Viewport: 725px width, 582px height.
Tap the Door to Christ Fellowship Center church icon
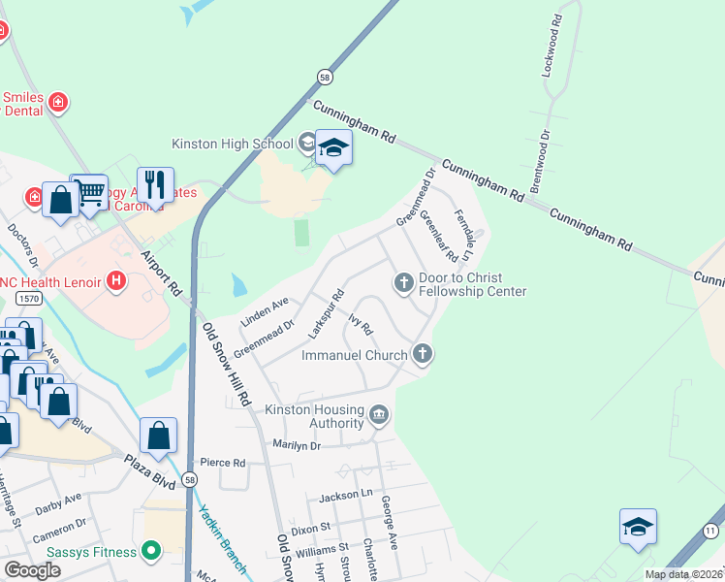coord(403,282)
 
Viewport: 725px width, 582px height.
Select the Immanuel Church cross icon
coord(422,354)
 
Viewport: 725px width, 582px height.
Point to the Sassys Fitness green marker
coord(150,552)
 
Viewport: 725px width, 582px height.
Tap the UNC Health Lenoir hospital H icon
coord(116,281)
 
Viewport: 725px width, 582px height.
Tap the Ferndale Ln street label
coord(461,238)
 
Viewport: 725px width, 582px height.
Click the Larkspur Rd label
coord(327,309)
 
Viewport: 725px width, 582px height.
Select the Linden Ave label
coord(265,307)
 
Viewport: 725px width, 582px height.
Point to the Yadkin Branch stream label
coord(222,538)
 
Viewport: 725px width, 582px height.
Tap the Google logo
coord(32,570)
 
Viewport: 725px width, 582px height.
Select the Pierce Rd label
coord(219,463)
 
